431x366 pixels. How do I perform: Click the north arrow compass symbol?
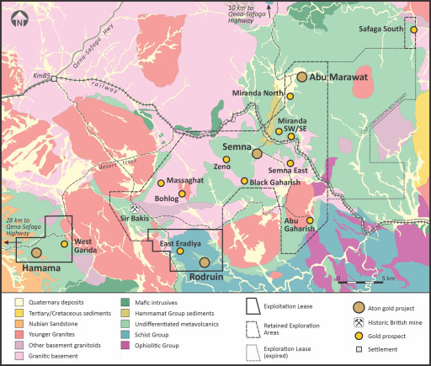coord(18,19)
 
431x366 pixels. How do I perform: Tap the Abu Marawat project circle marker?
coord(301,77)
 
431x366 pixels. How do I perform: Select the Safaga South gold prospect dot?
coord(413,30)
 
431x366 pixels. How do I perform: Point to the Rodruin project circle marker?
coord(204,263)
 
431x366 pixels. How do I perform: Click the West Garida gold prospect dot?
coord(65,245)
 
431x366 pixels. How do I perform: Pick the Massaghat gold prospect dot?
coord(161,183)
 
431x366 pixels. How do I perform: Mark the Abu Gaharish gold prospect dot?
coord(310,221)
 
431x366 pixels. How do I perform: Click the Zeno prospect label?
coord(222,167)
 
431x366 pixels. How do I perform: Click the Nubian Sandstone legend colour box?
coord(20,324)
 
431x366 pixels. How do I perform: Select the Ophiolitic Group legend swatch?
coord(135,346)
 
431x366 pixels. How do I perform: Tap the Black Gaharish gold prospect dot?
coord(245,181)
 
